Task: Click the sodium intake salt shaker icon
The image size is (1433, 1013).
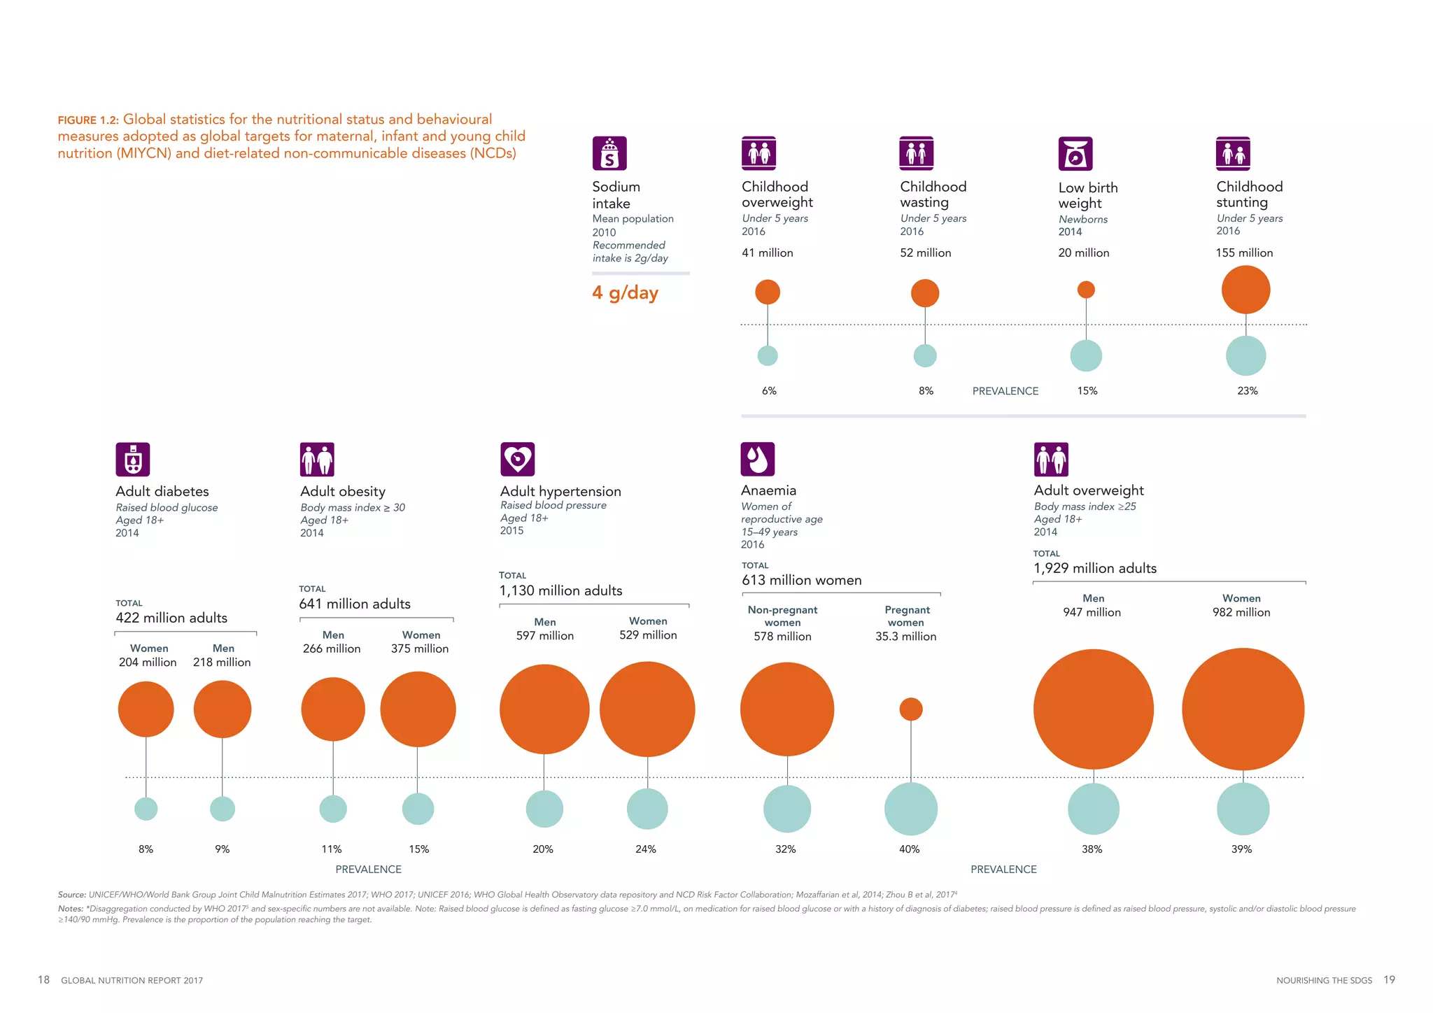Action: point(609,153)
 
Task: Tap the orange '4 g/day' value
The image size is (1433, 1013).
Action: point(625,292)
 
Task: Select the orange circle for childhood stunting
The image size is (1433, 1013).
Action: point(1245,290)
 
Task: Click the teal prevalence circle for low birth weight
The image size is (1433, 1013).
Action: point(1086,355)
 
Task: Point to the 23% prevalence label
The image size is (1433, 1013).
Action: point(1247,391)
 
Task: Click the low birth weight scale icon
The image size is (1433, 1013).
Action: point(1075,154)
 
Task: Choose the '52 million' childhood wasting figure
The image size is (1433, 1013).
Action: point(925,253)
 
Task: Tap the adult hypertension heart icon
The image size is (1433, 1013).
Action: point(518,460)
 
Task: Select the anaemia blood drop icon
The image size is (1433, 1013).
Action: point(758,459)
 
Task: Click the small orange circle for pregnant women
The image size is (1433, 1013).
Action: point(910,709)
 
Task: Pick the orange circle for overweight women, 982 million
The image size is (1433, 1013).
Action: point(1243,709)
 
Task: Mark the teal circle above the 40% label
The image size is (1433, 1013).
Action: point(910,809)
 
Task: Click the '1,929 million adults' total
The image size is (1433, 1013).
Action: point(1094,569)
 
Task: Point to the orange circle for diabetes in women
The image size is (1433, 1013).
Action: point(146,709)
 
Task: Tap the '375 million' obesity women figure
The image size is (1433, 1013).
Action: point(420,649)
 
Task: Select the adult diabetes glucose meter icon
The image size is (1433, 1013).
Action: point(133,460)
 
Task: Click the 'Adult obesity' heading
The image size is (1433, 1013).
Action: point(343,491)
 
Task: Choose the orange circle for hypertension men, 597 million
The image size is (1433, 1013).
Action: point(544,709)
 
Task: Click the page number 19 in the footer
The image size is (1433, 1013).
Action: point(1389,979)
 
